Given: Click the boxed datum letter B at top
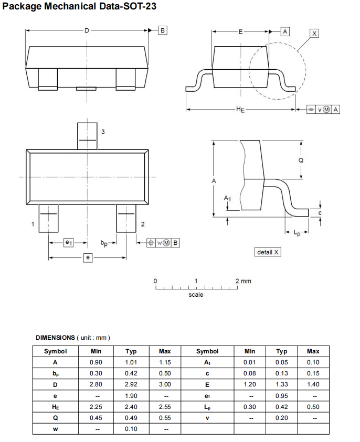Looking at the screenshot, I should pos(162,30).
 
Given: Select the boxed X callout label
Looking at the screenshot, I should pos(314,34).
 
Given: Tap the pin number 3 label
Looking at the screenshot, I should pos(103,132).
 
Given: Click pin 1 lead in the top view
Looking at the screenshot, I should pos(49,218).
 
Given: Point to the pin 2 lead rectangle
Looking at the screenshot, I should pos(126,218).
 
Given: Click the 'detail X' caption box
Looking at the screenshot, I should pos(268,252).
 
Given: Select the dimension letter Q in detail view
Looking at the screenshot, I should pos(301,160).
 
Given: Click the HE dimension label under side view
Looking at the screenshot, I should pos(240,110).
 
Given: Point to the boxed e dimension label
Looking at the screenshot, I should pos(88,257).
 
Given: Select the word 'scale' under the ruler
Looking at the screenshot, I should pos(196,295).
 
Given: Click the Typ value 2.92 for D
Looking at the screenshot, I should pos(131,384).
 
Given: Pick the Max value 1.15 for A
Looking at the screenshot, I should pos(164,362).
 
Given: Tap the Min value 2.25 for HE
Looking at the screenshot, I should pos(96,406).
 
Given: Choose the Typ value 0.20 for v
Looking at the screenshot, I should pos(282,417).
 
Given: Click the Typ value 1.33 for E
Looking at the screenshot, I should pos(282,384).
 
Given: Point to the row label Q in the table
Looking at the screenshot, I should pos(55,417).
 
